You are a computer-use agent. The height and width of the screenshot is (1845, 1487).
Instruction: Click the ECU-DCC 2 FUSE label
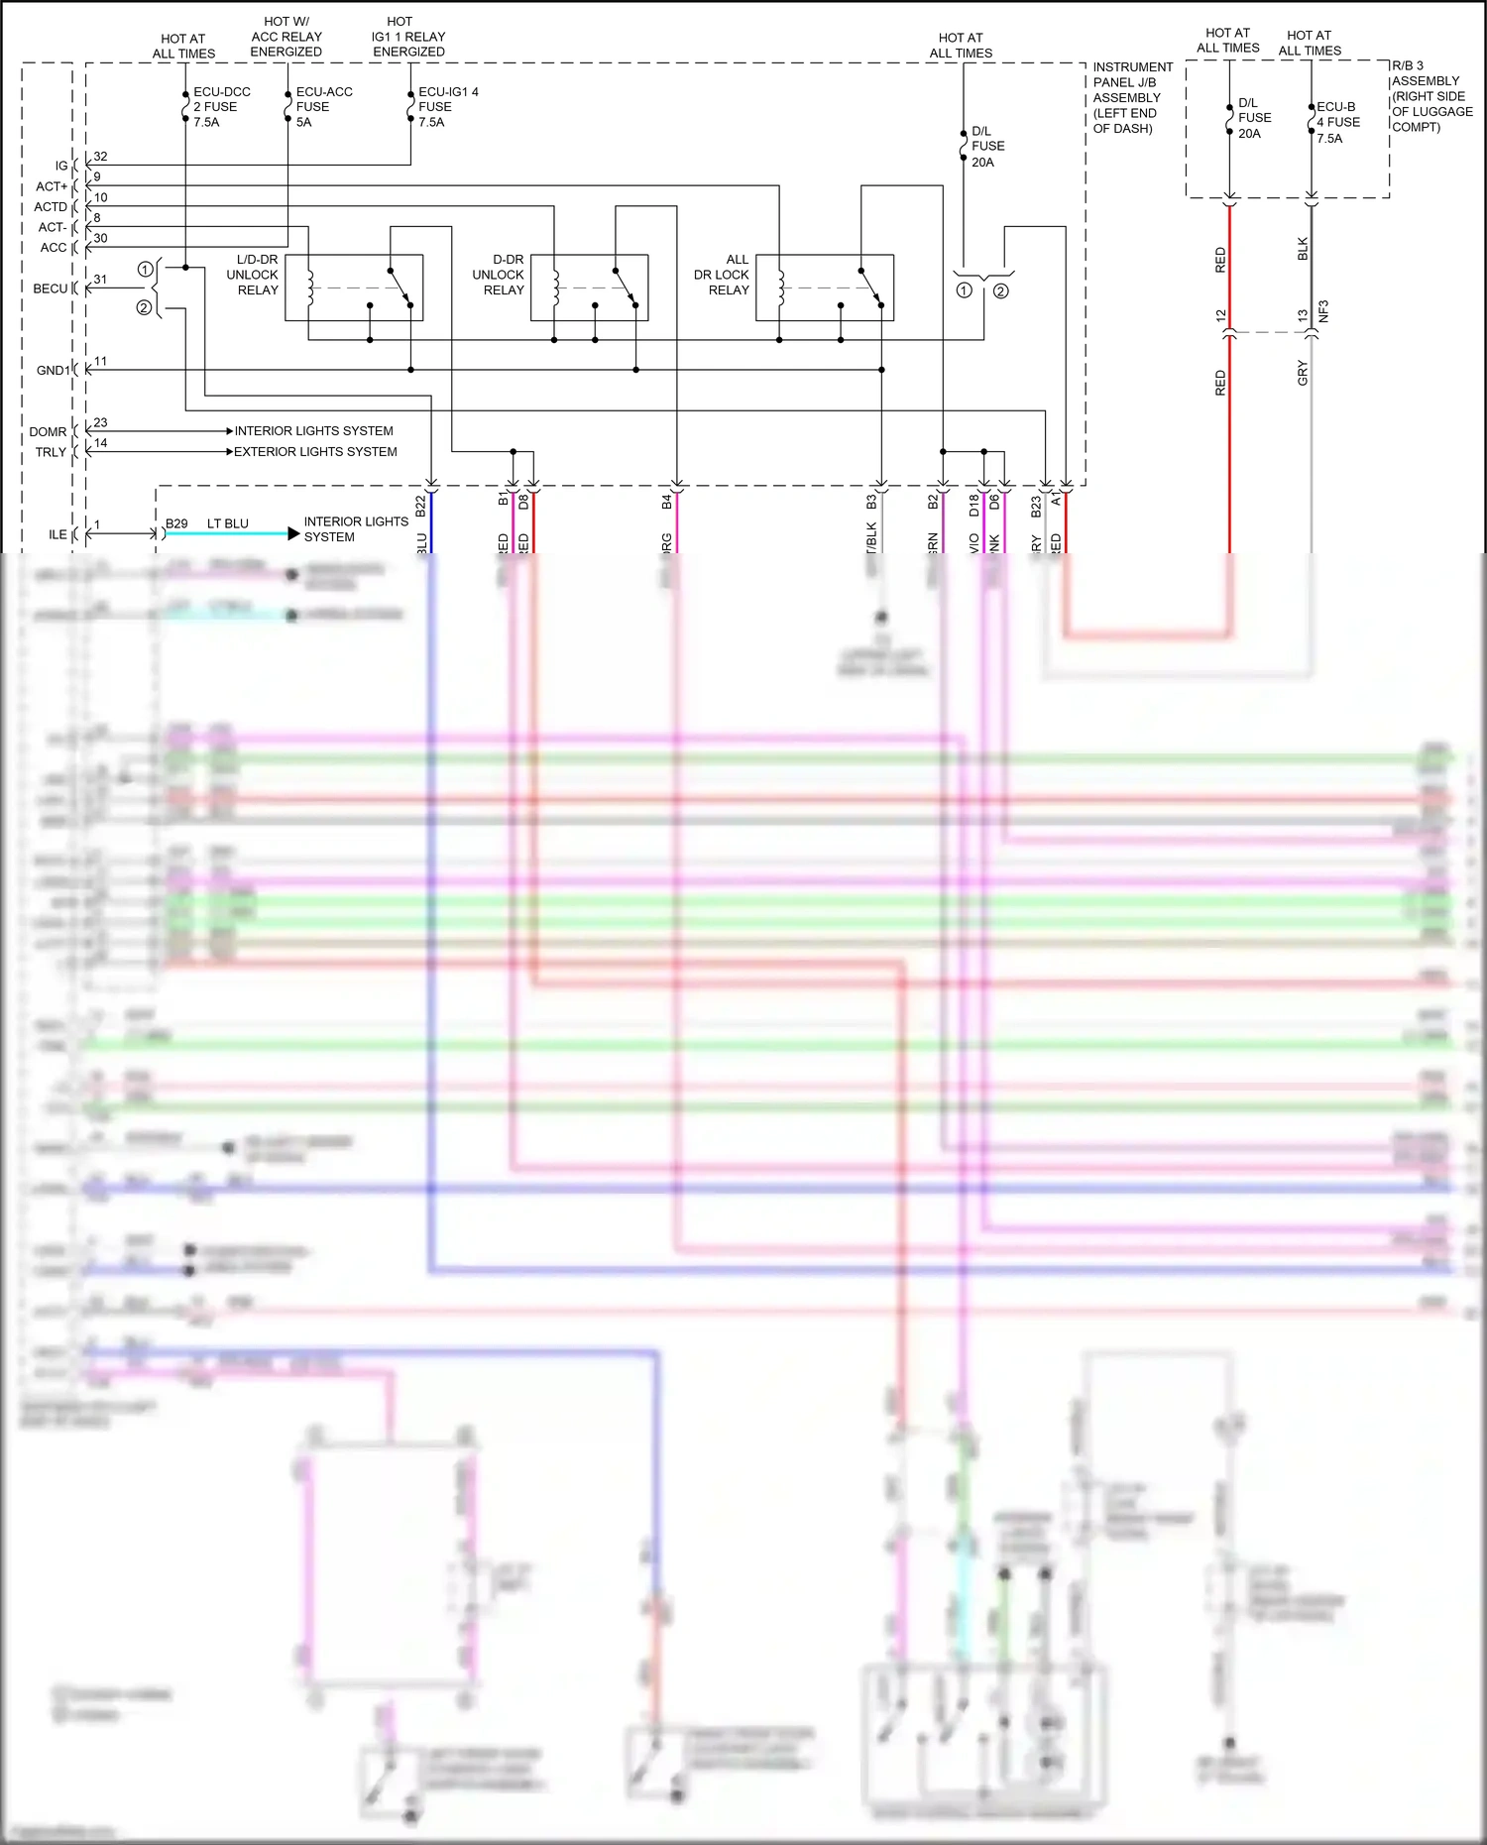pyautogui.click(x=221, y=106)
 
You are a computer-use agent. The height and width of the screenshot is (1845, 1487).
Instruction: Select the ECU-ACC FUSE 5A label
pyautogui.click(x=323, y=106)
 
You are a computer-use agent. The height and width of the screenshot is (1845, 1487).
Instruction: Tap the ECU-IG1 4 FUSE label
pyautogui.click(x=447, y=106)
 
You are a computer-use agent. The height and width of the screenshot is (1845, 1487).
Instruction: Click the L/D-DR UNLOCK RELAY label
pyautogui.click(x=254, y=275)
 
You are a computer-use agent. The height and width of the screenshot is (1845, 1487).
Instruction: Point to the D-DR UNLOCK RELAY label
pyautogui.click(x=499, y=275)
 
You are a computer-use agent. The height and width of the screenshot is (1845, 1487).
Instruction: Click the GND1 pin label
pyautogui.click(x=53, y=370)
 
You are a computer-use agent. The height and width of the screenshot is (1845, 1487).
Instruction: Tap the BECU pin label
pyautogui.click(x=50, y=288)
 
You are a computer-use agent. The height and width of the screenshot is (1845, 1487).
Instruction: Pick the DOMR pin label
pyautogui.click(x=48, y=431)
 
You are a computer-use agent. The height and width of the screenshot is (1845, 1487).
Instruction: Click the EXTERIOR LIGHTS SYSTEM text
pyautogui.click(x=315, y=451)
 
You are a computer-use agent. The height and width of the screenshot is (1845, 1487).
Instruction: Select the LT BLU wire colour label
pyautogui.click(x=228, y=523)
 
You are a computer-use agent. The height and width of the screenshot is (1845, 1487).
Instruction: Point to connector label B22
pyautogui.click(x=420, y=506)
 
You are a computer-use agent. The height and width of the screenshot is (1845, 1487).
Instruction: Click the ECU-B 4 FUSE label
pyautogui.click(x=1337, y=122)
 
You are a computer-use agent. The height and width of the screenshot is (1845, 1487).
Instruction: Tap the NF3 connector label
pyautogui.click(x=1323, y=311)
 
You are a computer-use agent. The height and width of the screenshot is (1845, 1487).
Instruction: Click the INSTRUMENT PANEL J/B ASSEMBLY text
pyautogui.click(x=1131, y=97)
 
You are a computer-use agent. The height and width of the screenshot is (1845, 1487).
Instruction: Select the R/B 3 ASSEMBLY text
pyautogui.click(x=1430, y=96)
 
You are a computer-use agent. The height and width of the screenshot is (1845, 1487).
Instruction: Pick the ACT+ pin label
pyautogui.click(x=52, y=186)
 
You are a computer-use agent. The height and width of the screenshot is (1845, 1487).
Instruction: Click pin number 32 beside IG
pyautogui.click(x=100, y=157)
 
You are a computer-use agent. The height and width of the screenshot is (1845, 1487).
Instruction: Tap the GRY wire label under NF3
pyautogui.click(x=1303, y=373)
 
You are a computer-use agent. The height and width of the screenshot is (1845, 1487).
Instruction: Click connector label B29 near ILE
pyautogui.click(x=176, y=523)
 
